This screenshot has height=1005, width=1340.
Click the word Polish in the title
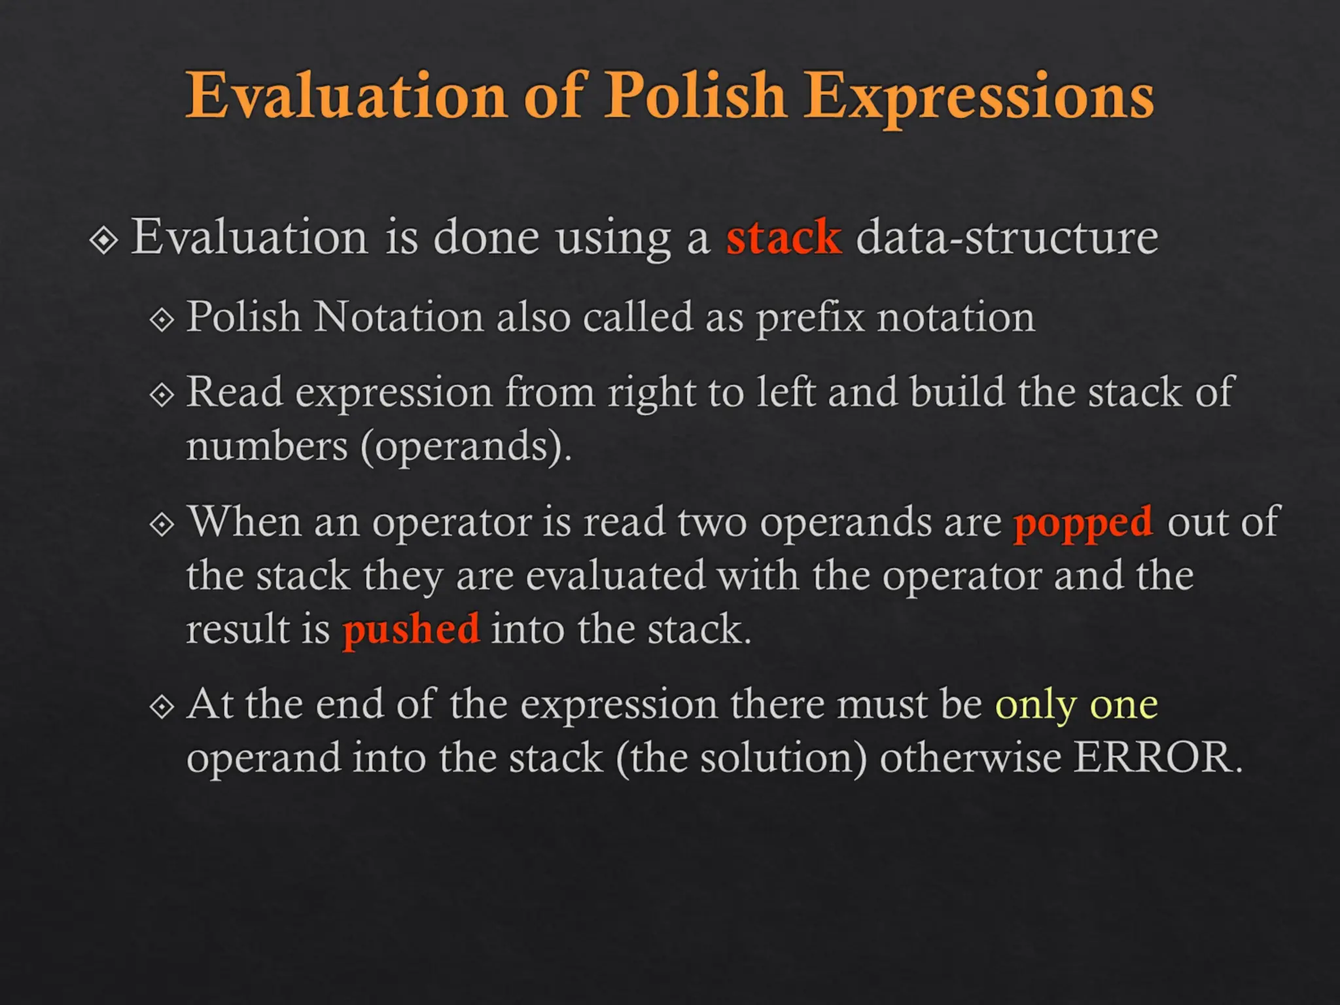(694, 96)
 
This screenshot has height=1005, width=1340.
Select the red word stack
(783, 237)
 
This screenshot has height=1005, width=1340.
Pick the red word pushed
(411, 629)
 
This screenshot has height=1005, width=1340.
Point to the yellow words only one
(1076, 705)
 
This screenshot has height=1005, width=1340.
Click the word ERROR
(1157, 758)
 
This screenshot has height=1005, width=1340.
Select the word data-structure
(1007, 237)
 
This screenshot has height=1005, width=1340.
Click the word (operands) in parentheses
(465, 447)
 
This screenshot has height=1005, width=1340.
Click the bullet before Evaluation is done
(104, 240)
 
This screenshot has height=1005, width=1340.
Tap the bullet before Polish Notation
(162, 320)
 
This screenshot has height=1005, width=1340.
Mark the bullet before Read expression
(162, 395)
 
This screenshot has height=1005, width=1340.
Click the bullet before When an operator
(162, 524)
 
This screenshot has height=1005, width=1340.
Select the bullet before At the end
(162, 707)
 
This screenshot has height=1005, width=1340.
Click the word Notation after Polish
(398, 317)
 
